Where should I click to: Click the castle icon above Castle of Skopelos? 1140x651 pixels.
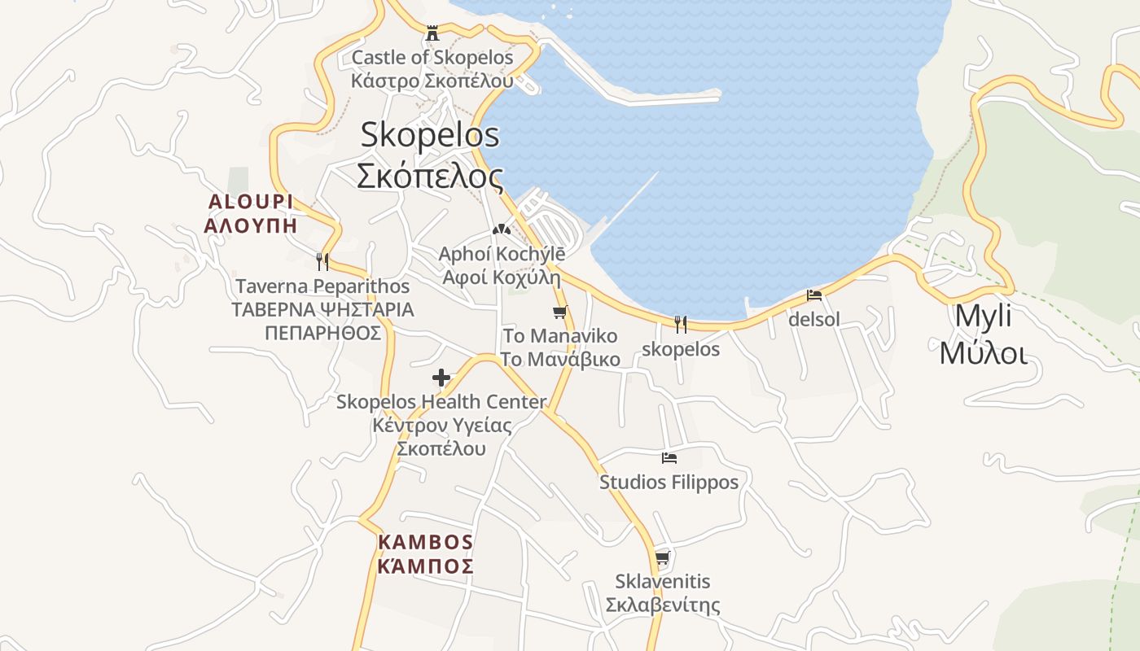[432, 33]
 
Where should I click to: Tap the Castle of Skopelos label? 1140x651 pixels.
[432, 58]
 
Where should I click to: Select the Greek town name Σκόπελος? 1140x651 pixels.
[430, 175]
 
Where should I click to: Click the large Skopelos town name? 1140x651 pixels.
[430, 134]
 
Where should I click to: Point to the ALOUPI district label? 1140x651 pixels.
[250, 202]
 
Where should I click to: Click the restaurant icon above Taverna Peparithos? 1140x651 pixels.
[322, 261]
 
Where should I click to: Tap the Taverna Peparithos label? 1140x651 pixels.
[322, 286]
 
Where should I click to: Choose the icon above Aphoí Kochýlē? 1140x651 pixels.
[501, 229]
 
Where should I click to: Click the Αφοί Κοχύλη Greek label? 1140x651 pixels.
[501, 277]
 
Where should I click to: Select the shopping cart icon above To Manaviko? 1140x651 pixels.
[559, 312]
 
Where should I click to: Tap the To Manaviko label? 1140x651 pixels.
[560, 336]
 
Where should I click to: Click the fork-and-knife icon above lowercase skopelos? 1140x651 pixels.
[681, 325]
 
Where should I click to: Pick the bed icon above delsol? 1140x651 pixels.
[814, 295]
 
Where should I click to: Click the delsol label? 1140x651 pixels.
[814, 320]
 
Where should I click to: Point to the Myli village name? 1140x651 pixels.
[984, 316]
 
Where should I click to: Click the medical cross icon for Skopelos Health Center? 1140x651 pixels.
[441, 378]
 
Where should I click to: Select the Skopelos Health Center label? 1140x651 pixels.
[441, 402]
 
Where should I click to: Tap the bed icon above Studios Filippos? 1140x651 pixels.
[669, 458]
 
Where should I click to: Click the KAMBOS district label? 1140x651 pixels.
[426, 542]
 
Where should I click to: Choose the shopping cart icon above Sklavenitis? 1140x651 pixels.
[662, 557]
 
